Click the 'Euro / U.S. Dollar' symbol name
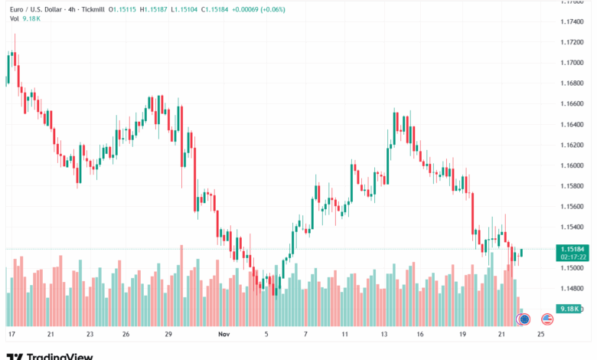pos(34,9)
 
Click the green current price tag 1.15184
pos(573,249)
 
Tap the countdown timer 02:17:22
pos(573,257)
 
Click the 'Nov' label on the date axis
pos(224,335)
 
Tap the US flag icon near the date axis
pos(547,319)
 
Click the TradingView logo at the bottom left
pos(50,355)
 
